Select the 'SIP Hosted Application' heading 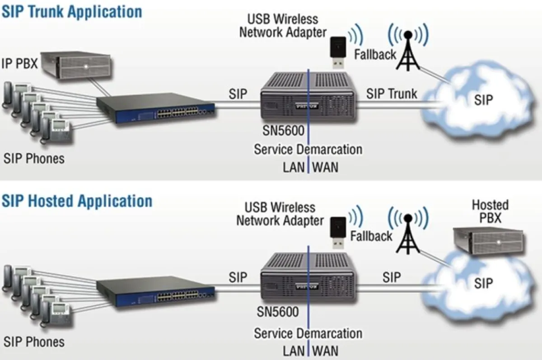(77, 201)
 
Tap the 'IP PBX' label (19, 63)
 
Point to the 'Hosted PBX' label (490, 211)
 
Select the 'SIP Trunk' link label (392, 94)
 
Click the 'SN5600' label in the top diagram (283, 131)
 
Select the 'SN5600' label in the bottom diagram (278, 312)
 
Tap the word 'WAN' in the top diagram (325, 167)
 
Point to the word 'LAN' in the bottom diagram (294, 351)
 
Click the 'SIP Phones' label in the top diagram (34, 159)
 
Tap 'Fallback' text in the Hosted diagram (371, 236)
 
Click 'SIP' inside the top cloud (484, 100)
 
